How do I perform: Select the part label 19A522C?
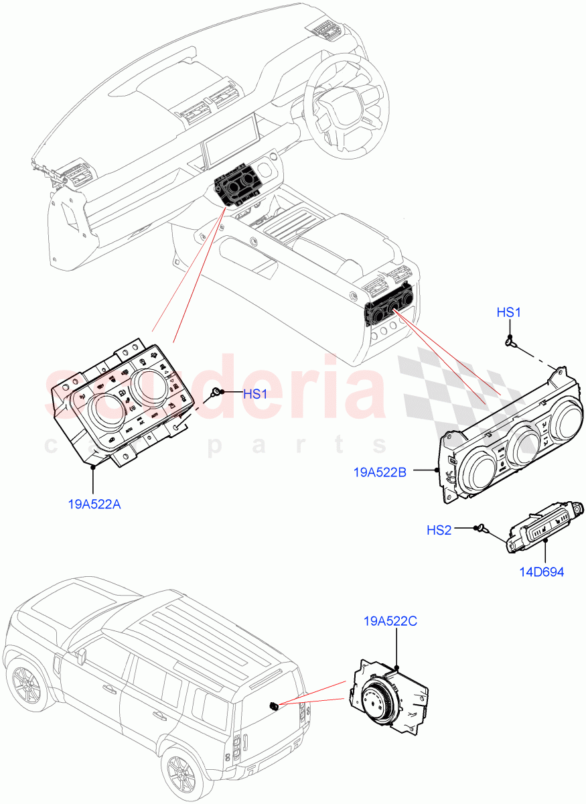click(390, 622)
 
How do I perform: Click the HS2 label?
click(439, 530)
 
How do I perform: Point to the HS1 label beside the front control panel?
click(255, 394)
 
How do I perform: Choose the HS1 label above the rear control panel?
click(509, 312)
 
